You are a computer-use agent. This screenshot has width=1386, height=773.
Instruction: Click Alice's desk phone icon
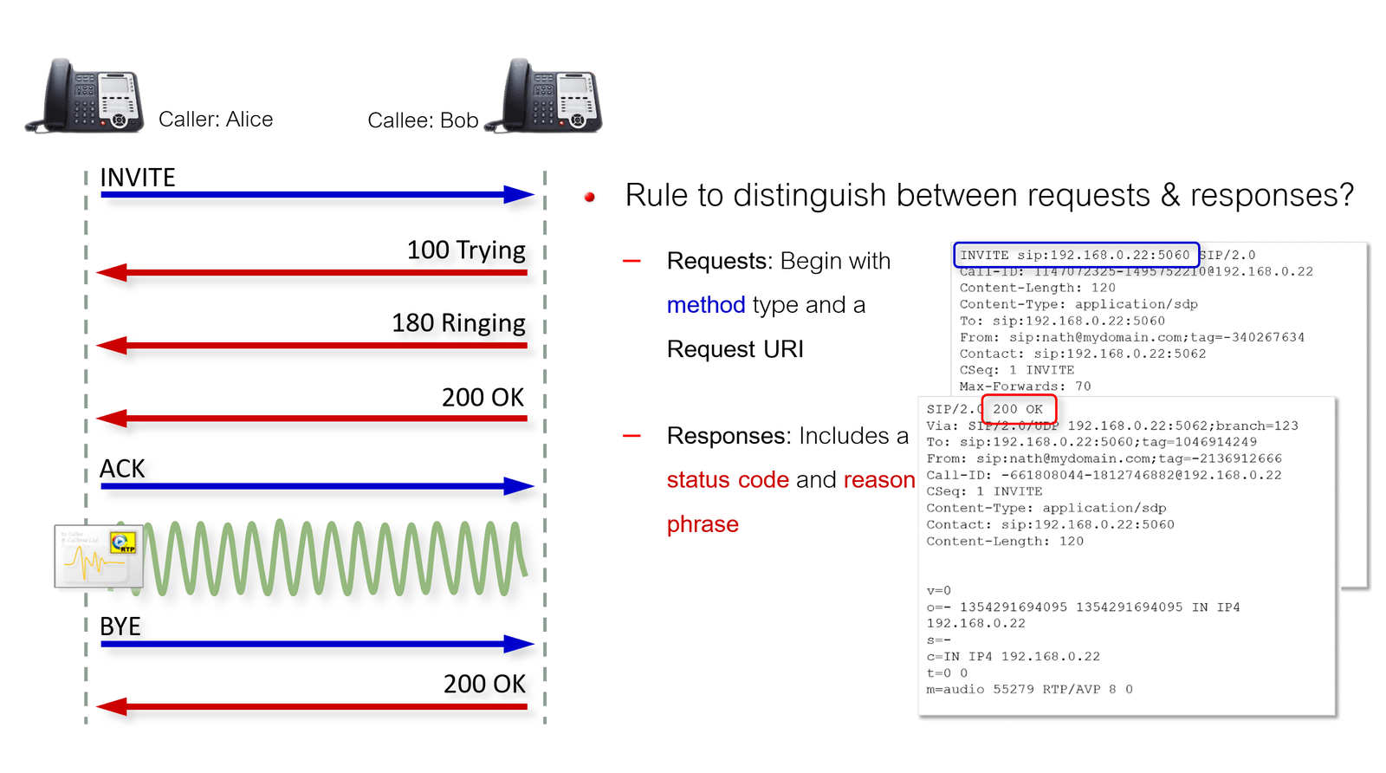tap(87, 96)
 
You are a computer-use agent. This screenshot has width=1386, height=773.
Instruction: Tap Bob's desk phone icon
tap(546, 96)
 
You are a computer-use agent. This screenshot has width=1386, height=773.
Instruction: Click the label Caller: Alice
tap(215, 120)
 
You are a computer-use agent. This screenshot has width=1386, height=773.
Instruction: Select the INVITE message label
tap(137, 178)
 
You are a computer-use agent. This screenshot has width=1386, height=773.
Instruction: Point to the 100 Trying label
tap(466, 250)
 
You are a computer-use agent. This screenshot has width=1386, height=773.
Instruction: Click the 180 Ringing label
tap(458, 323)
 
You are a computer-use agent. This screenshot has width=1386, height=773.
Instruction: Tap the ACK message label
tap(122, 469)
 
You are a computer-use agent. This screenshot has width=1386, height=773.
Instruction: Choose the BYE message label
tap(120, 627)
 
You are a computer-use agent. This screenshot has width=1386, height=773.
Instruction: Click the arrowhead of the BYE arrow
tap(519, 644)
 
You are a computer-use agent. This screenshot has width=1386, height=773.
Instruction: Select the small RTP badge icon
tap(123, 543)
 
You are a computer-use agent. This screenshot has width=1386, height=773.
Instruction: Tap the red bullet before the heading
tap(590, 198)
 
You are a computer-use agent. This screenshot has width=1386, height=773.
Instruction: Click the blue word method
tap(705, 305)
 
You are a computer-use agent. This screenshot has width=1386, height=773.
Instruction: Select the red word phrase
tap(703, 524)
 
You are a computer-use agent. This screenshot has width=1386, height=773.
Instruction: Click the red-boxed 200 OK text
tap(1018, 409)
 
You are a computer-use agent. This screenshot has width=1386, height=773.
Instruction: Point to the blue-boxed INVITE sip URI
tap(1075, 255)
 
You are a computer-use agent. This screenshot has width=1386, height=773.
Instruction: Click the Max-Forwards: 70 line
tap(1025, 386)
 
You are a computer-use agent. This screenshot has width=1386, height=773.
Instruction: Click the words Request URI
tap(735, 349)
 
